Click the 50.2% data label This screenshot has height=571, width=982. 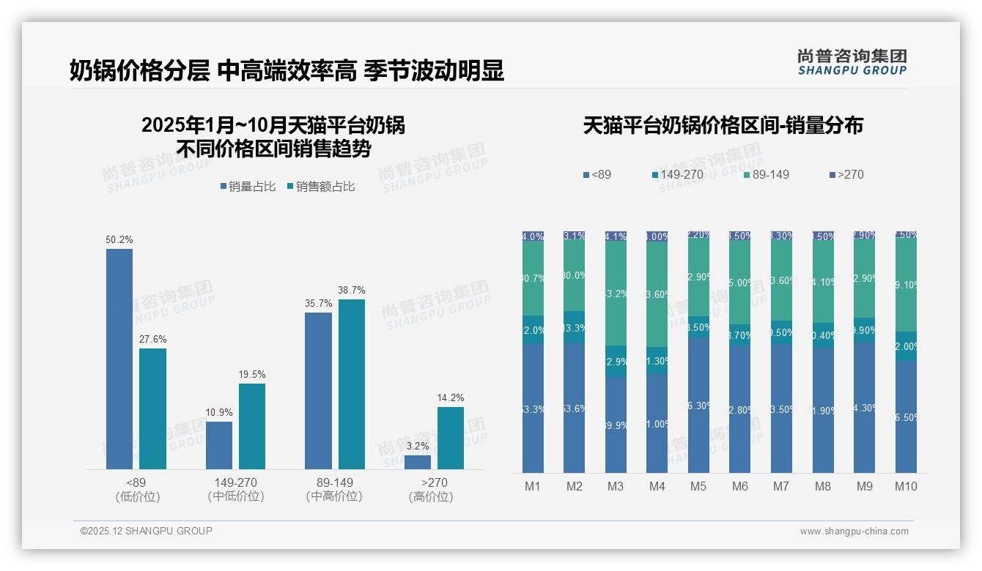point(119,240)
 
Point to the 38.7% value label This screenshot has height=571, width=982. point(351,291)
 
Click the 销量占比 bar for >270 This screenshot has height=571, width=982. point(418,462)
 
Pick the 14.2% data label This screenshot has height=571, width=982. point(451,398)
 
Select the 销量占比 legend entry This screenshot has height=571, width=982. point(248,187)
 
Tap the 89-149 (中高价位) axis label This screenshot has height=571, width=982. point(334,489)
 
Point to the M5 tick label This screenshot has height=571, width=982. point(698,486)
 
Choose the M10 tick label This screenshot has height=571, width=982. point(906,486)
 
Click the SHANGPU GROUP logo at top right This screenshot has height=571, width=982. point(852,62)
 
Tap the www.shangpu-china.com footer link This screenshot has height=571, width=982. point(854,531)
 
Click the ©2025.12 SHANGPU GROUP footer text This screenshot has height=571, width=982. point(147,531)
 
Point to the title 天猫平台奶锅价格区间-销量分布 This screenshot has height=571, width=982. point(723,125)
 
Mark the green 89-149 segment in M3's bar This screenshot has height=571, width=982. point(616,294)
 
